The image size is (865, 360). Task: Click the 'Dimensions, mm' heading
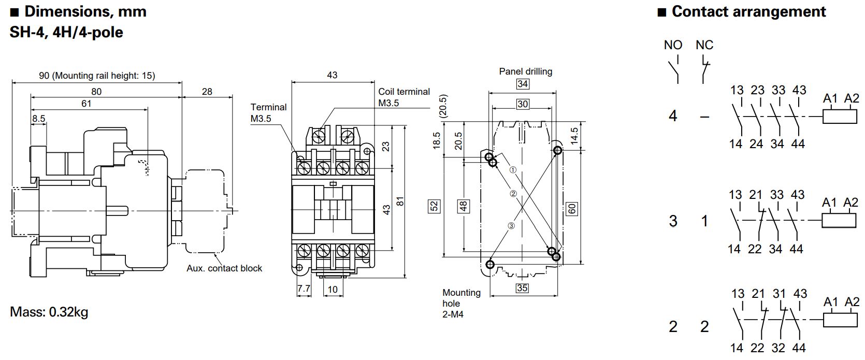(85, 11)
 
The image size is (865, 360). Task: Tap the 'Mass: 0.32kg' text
(49, 312)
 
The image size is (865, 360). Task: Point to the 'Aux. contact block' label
(224, 268)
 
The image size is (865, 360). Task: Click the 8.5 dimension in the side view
(38, 119)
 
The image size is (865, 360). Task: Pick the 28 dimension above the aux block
(207, 92)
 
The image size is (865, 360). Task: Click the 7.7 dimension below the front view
(304, 289)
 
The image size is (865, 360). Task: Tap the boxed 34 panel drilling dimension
(523, 84)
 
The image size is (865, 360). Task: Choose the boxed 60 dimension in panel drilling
(572, 209)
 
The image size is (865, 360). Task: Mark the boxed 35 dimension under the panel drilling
(522, 288)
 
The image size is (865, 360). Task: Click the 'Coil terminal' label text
(404, 92)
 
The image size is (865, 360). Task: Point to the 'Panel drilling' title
(525, 71)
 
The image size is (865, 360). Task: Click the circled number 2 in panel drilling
(513, 194)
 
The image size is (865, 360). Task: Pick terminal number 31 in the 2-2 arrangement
(779, 294)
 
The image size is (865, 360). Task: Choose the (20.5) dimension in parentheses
(443, 106)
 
